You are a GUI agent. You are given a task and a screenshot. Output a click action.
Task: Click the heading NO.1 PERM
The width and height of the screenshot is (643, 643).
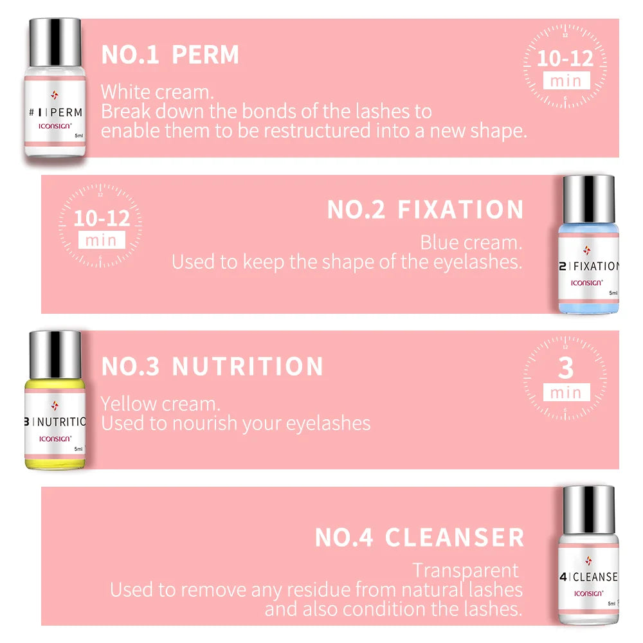(x=170, y=55)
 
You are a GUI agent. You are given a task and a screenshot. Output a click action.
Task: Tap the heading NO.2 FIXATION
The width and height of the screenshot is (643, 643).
(x=425, y=210)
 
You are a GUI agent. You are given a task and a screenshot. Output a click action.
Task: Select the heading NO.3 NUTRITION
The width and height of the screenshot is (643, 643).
(x=212, y=367)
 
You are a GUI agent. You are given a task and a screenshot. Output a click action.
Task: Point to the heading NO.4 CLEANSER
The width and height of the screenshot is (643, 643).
(x=419, y=538)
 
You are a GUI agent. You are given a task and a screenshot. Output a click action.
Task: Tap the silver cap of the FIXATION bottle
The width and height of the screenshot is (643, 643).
(x=588, y=196)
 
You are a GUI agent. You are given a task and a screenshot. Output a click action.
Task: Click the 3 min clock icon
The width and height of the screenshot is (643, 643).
(x=565, y=378)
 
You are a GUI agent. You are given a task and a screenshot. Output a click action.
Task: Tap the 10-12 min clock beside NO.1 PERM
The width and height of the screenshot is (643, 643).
(x=565, y=66)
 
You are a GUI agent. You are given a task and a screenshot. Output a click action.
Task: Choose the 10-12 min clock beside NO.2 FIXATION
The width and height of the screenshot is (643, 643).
(x=101, y=226)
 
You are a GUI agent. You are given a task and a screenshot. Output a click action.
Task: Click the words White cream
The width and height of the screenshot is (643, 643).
(x=157, y=92)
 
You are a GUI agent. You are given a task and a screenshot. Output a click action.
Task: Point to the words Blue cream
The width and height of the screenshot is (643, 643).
(x=471, y=243)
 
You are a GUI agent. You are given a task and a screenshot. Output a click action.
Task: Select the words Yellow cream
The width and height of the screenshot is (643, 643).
(x=160, y=404)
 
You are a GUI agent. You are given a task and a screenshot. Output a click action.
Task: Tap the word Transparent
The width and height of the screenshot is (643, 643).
(x=466, y=570)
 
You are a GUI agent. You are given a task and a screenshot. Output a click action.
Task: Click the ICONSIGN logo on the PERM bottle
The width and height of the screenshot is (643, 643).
(x=55, y=127)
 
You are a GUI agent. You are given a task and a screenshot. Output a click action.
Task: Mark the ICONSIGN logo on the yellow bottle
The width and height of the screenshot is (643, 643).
(x=55, y=439)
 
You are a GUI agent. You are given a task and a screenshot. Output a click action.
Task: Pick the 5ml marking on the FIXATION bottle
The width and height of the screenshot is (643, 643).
(x=613, y=293)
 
